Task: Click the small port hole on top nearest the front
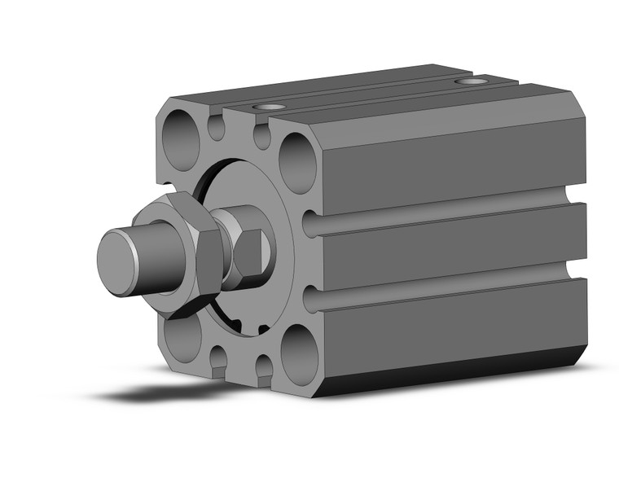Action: pyautogui.click(x=269, y=107)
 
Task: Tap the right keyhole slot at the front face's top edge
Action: pyautogui.click(x=261, y=135)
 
